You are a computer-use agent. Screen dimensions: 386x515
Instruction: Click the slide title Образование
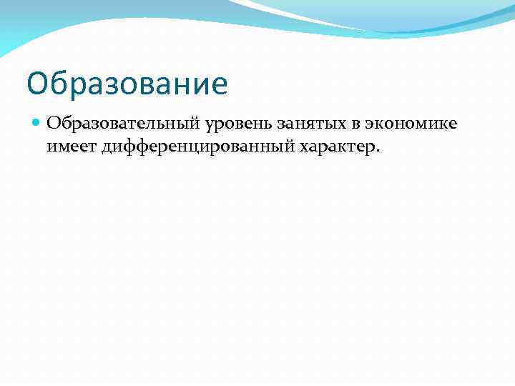click(x=127, y=84)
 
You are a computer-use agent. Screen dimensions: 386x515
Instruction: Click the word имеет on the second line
click(x=72, y=147)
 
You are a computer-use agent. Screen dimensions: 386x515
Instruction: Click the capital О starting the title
click(x=38, y=84)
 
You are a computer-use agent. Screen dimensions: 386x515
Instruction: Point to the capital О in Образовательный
click(x=54, y=124)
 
